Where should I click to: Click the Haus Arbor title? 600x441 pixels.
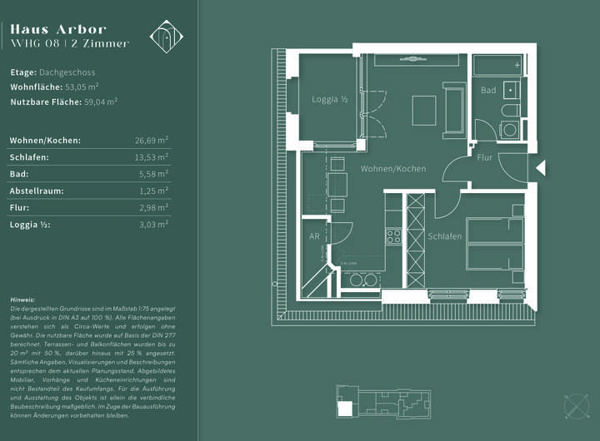58,29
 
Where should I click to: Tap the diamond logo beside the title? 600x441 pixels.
165,35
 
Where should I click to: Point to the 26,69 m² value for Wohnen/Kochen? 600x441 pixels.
152,141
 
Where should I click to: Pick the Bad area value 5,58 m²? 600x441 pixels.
154,175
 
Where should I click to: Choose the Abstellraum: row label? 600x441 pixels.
37,191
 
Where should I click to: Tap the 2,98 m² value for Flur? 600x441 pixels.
154,208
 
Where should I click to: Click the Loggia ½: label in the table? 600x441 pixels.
29,225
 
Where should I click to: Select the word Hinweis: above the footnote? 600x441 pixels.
22,299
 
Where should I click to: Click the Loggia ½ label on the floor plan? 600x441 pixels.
330,100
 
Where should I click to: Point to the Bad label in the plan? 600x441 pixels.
488,90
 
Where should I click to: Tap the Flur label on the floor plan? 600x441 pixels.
485,157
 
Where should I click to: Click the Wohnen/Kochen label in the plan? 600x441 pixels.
392,169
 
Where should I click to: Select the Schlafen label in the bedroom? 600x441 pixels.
445,236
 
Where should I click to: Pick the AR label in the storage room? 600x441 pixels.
314,236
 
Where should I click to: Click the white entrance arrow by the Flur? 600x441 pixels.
539,168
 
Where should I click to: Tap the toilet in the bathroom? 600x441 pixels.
509,111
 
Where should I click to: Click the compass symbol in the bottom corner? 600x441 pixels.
577,406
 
